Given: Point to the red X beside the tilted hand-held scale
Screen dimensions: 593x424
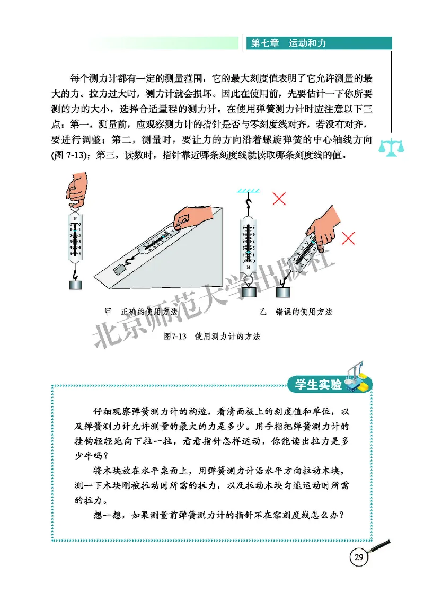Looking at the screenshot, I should coord(348,238).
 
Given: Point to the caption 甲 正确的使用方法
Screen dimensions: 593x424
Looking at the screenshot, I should coord(141,312).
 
